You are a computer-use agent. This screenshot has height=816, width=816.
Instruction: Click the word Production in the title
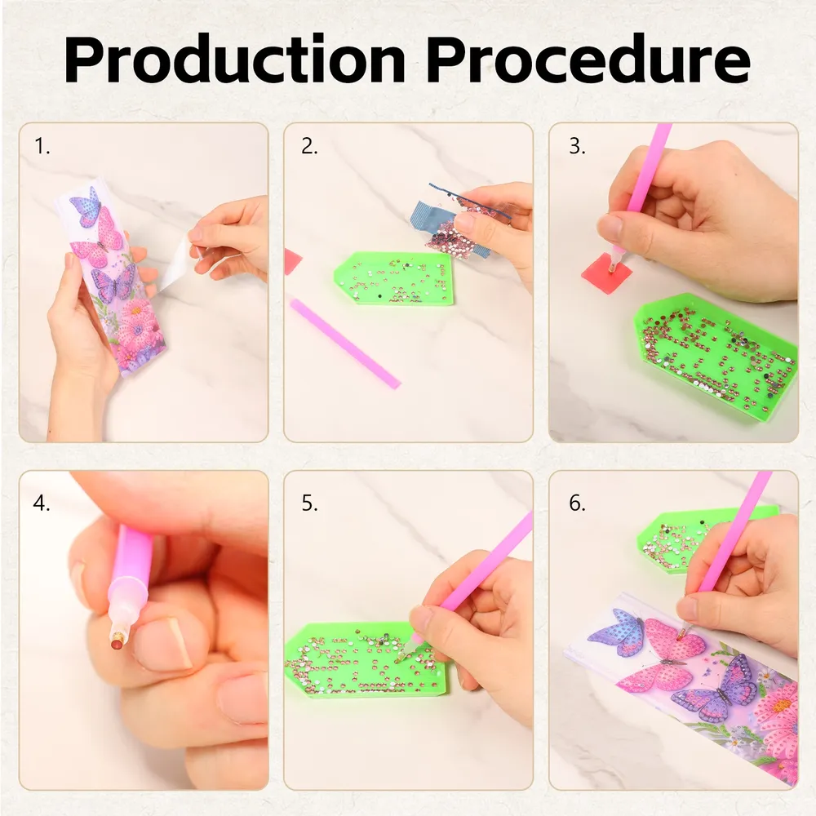[x=235, y=59]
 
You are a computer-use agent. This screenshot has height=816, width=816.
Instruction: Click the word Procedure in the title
[x=589, y=59]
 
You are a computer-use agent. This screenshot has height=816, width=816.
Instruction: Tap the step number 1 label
[x=42, y=146]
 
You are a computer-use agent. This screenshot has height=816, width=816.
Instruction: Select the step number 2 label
[x=309, y=146]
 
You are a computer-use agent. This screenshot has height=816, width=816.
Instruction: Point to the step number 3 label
[x=577, y=146]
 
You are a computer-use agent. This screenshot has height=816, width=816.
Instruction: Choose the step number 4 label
[x=42, y=503]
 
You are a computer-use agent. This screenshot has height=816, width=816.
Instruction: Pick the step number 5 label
[x=309, y=503]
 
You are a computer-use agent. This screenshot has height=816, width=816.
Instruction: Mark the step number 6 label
[x=577, y=503]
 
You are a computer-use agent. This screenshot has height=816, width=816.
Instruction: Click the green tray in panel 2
[x=394, y=278]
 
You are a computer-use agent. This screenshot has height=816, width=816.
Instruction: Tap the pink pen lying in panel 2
[x=345, y=343]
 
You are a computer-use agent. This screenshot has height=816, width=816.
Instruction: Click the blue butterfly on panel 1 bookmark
[x=86, y=206]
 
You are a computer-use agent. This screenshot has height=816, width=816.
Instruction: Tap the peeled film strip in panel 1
[x=179, y=265]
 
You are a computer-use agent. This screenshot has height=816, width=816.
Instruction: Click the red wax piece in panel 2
[x=292, y=261]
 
